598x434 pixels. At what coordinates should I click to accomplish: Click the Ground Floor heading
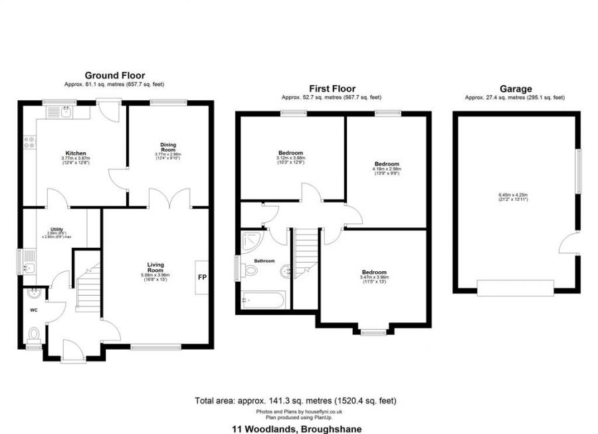point(114,76)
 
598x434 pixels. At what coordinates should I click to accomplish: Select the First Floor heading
point(332,88)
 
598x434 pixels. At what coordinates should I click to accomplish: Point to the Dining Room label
point(167,147)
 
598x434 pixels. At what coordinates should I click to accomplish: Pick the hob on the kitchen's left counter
point(29,142)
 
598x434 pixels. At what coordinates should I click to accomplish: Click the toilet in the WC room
point(34,332)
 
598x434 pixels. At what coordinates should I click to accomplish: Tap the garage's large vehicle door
point(515,287)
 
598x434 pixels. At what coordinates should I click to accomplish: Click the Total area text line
point(297,401)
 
